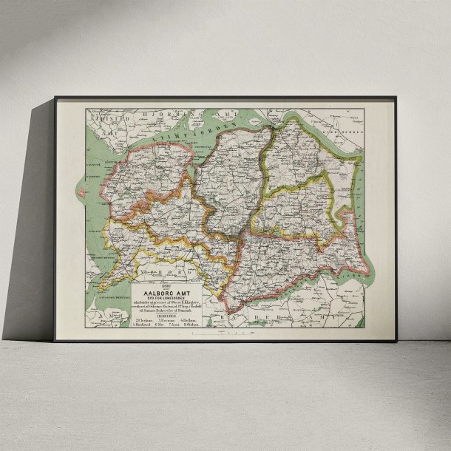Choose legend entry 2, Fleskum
coord(142,319)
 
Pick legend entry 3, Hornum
coord(166,319)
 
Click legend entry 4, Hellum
coord(191,319)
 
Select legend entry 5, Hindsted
coord(142,324)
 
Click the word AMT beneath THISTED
coord(110,132)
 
